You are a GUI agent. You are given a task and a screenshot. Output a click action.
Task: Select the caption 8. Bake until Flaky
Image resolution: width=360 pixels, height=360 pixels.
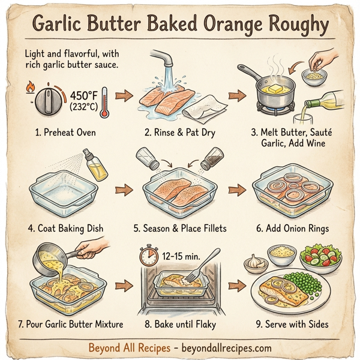tap(181, 325)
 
